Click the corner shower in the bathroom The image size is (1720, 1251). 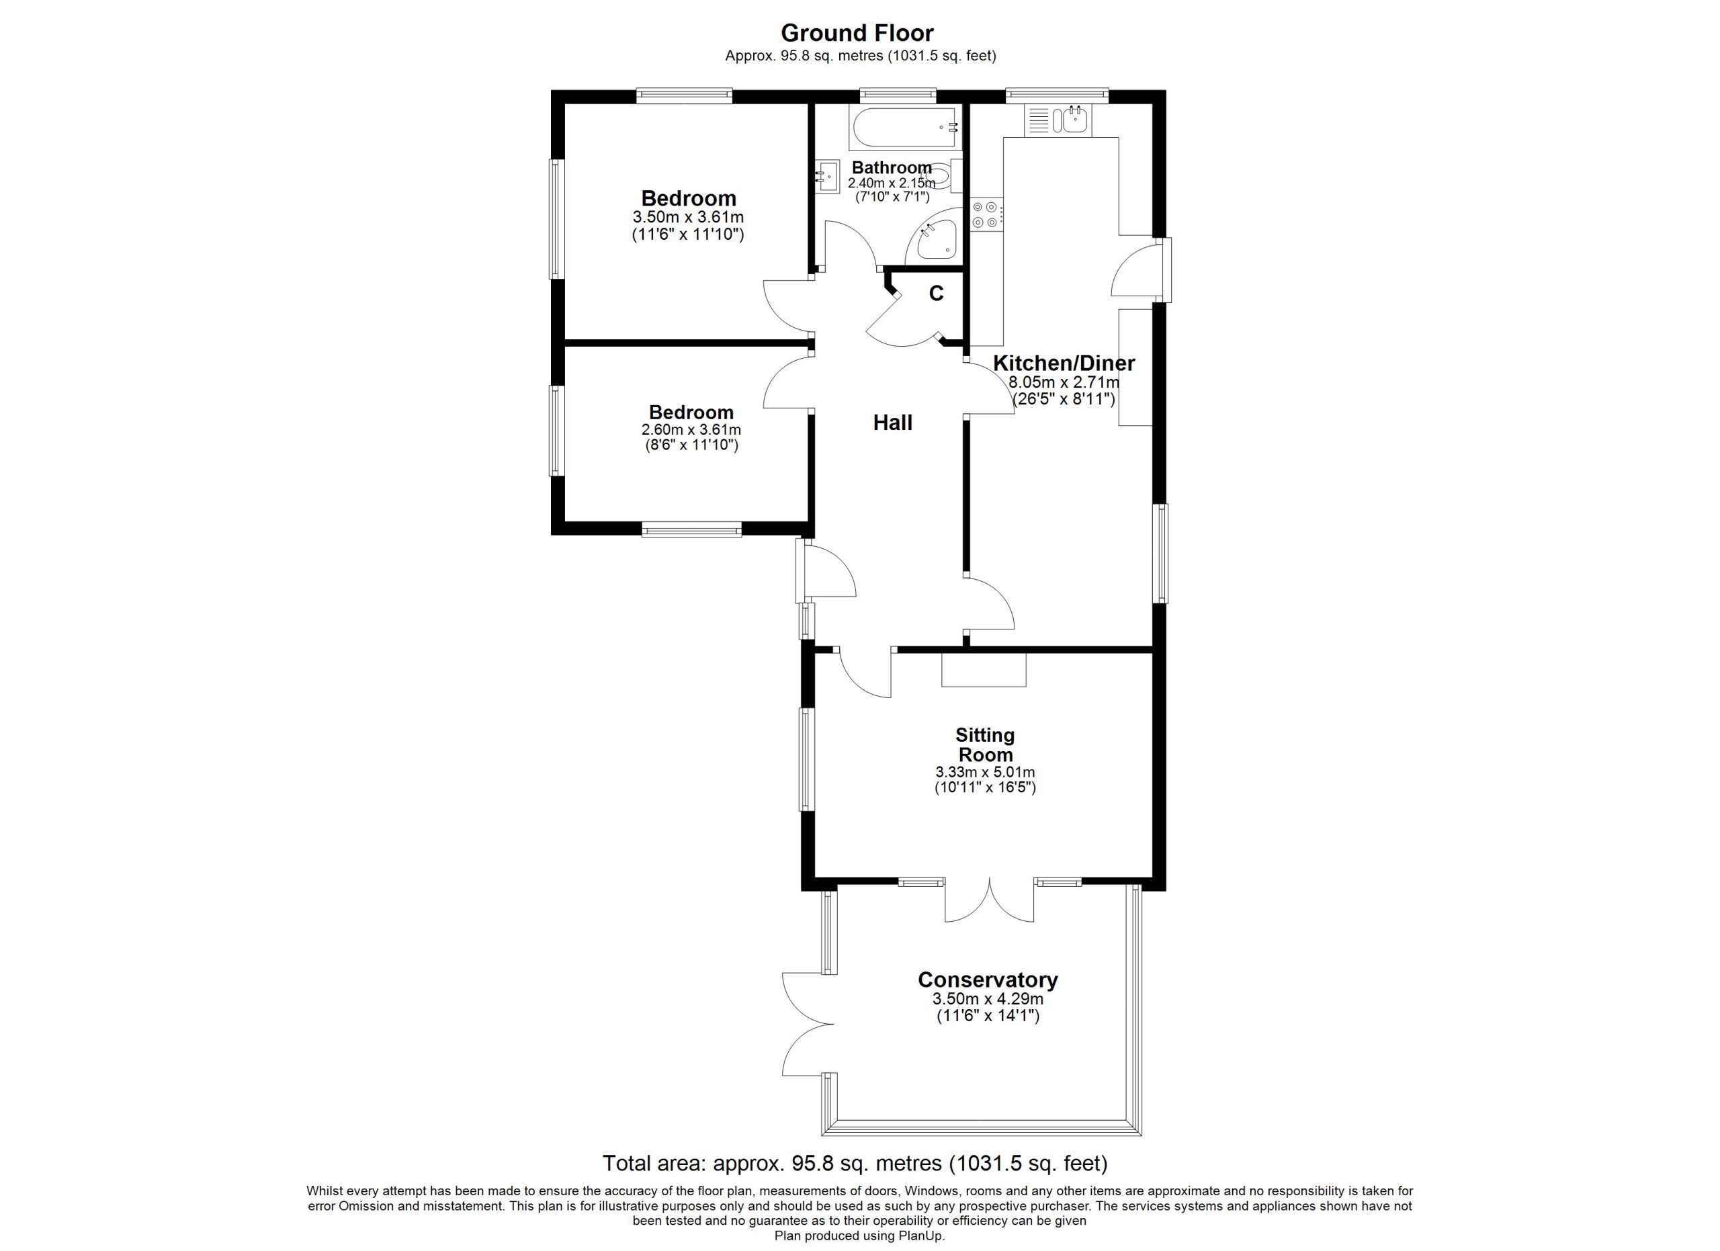pos(933,236)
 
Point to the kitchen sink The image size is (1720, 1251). pos(1059,120)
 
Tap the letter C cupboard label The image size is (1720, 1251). pos(937,294)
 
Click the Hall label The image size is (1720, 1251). pos(893,423)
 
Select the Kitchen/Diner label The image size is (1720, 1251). pos(1064,363)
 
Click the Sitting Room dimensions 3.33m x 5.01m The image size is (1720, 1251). pos(985,773)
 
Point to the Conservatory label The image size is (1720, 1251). pos(988,980)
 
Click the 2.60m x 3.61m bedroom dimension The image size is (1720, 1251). pos(691,430)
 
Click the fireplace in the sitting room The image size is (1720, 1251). pos(984,668)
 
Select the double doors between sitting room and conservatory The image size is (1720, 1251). pos(989,901)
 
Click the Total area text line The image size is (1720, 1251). pos(855,1163)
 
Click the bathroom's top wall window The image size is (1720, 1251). pos(897,95)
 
